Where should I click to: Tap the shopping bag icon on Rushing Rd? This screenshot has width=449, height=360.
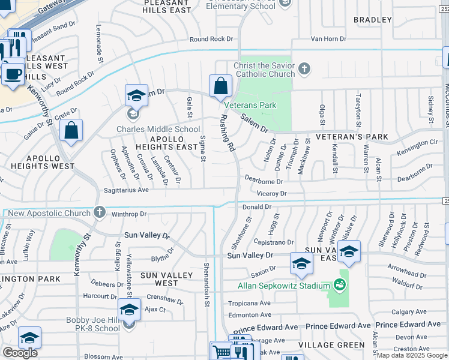pyautogui.click(x=220, y=86)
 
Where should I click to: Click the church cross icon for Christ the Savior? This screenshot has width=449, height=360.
pyautogui.click(x=304, y=68)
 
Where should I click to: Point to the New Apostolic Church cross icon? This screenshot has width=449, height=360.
pyautogui.click(x=100, y=213)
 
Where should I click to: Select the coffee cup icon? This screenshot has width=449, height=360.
pyautogui.click(x=12, y=74)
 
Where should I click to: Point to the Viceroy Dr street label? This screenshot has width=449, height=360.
pyautogui.click(x=271, y=194)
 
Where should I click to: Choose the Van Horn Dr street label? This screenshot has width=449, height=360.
pyautogui.click(x=328, y=39)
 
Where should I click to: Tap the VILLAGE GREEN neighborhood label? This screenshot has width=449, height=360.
pyautogui.click(x=331, y=345)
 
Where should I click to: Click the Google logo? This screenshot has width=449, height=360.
pyautogui.click(x=20, y=353)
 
